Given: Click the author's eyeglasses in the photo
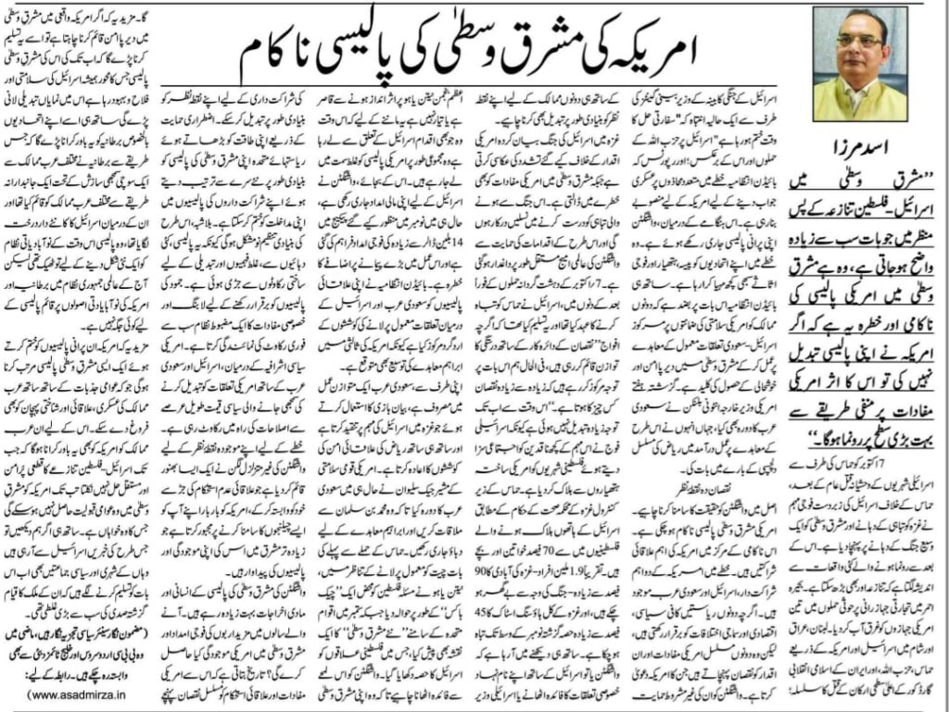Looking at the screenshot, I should tap(858, 41).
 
